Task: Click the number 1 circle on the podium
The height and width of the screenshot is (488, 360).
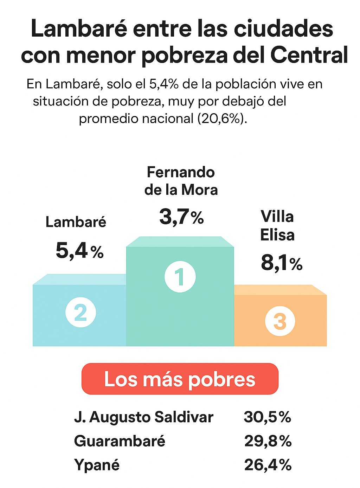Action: (x=180, y=277)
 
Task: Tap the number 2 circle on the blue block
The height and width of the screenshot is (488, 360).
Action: (x=81, y=312)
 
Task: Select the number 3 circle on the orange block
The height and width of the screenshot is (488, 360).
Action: (x=280, y=321)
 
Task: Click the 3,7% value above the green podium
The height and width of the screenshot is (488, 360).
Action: (x=181, y=217)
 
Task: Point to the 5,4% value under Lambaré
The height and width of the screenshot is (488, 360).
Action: (x=79, y=251)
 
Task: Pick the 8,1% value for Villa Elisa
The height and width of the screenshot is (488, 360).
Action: (x=281, y=263)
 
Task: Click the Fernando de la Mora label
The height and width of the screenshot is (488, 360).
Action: (x=181, y=181)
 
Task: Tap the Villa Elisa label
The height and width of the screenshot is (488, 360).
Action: (x=277, y=226)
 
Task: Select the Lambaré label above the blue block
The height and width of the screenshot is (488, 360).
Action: (x=76, y=222)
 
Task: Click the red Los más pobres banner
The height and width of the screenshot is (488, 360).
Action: (x=180, y=379)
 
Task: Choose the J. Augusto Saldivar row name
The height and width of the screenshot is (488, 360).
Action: (x=143, y=417)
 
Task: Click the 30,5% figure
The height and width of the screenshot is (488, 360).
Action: (x=268, y=417)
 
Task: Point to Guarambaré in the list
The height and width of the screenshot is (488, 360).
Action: (x=120, y=441)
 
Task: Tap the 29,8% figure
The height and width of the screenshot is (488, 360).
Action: (x=268, y=441)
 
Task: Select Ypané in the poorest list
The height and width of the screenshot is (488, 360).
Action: (x=97, y=465)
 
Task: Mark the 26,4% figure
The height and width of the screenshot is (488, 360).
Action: (x=268, y=465)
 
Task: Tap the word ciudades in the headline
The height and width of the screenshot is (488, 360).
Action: (x=283, y=29)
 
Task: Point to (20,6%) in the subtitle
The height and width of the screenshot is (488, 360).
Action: (x=222, y=118)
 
